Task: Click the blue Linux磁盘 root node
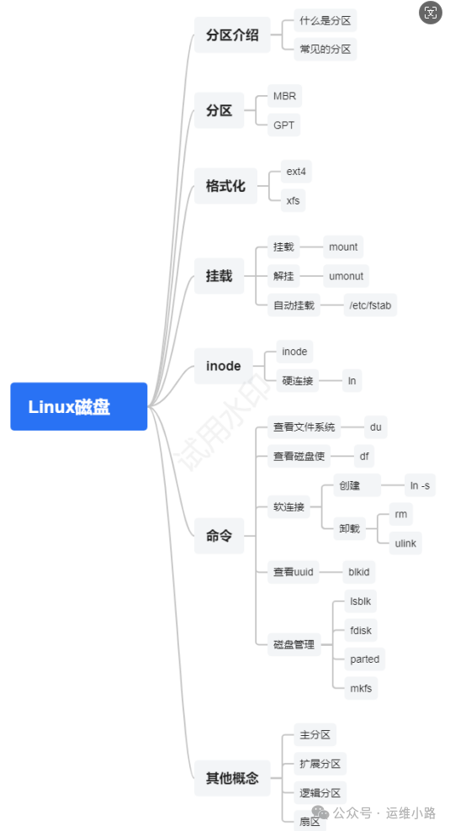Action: point(79,406)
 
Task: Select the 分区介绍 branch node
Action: point(232,35)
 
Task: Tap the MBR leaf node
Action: point(284,96)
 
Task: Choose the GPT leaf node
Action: point(283,125)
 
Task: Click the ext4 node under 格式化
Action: point(296,172)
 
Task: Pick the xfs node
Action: point(293,201)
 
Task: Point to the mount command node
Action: point(343,247)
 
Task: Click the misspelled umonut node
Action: point(346,276)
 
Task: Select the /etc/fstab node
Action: point(370,305)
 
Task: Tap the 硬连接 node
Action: point(298,380)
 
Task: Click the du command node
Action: point(376,427)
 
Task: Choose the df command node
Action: point(364,457)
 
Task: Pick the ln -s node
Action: point(420,485)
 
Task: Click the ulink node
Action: point(405,543)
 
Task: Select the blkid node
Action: point(359,573)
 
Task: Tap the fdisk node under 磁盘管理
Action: point(361,631)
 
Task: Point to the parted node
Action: point(365,659)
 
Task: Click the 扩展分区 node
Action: point(320,764)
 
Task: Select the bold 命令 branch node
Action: point(219,536)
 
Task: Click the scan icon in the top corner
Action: point(431,12)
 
